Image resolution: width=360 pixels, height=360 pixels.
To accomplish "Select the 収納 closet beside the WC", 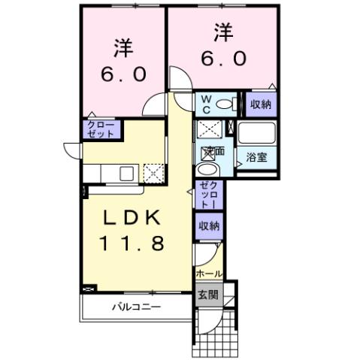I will coord(261,104).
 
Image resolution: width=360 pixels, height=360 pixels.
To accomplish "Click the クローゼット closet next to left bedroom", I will coord(101,129).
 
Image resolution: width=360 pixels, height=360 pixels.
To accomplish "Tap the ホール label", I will coord(208,274).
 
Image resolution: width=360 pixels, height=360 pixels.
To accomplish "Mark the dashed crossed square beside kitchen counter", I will coord(154,174).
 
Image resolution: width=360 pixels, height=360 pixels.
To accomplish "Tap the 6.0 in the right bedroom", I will coord(223,59).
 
